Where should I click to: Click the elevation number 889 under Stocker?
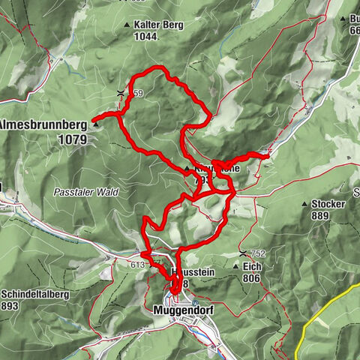tap(322, 215)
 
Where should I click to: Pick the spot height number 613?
tap(136, 264)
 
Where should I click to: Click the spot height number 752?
tap(258, 253)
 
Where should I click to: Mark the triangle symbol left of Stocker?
tap(304, 204)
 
